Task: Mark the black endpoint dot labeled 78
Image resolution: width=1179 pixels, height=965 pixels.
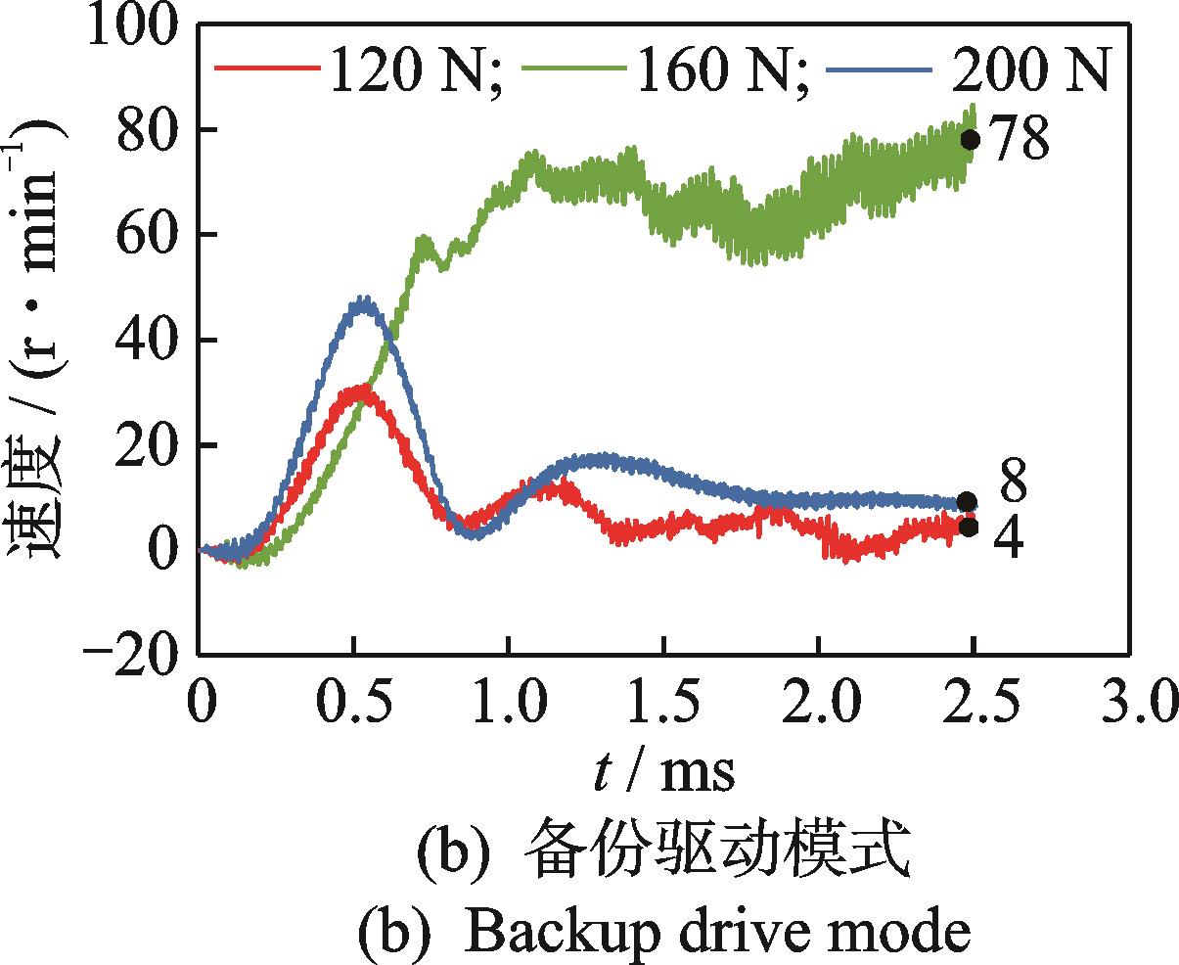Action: pos(970,139)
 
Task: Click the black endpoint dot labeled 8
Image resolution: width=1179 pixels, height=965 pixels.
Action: pos(967,502)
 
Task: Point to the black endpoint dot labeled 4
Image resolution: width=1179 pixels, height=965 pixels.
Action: pos(968,528)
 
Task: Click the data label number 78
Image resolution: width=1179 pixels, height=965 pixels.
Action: pos(1020,140)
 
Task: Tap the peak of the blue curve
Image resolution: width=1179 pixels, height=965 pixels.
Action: pos(365,299)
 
